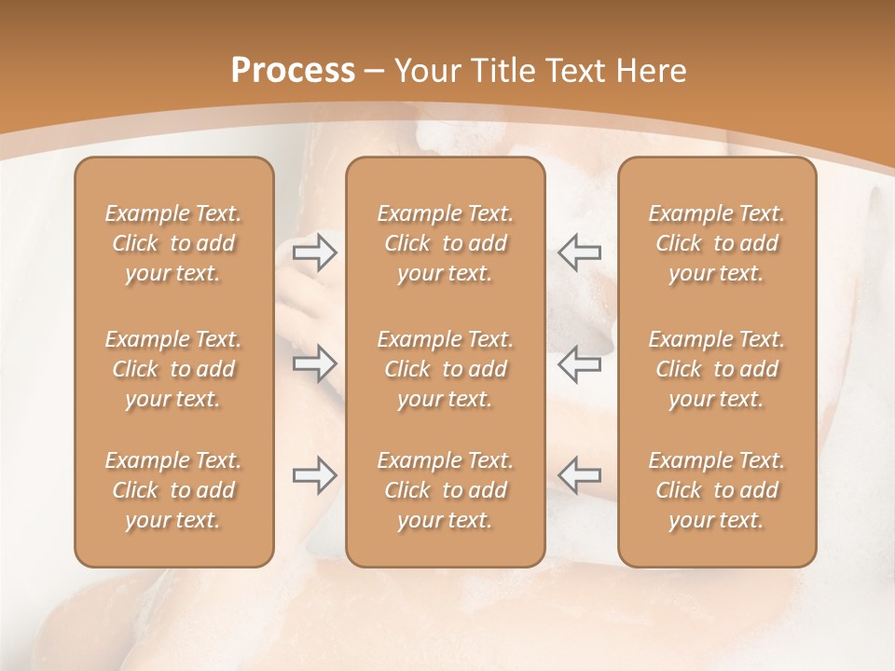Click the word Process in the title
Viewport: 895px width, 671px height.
click(x=293, y=71)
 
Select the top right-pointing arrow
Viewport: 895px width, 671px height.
click(x=315, y=251)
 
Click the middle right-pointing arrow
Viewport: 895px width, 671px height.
click(x=315, y=363)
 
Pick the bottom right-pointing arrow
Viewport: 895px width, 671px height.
click(x=315, y=475)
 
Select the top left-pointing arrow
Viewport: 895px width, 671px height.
click(x=579, y=251)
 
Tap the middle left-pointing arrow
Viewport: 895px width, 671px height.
click(x=579, y=363)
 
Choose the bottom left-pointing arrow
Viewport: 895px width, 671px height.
click(x=579, y=475)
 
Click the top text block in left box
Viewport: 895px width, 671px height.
click(x=173, y=243)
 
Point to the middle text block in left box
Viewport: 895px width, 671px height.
click(x=173, y=369)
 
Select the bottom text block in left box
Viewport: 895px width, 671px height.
click(x=173, y=490)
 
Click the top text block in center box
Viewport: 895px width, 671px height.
click(x=446, y=243)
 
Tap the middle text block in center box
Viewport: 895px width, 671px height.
click(x=446, y=369)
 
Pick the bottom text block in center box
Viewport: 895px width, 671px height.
click(x=446, y=490)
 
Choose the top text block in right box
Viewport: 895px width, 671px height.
click(x=717, y=243)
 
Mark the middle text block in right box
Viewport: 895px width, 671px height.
click(x=717, y=369)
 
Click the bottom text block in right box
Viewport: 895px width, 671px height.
click(x=717, y=490)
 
